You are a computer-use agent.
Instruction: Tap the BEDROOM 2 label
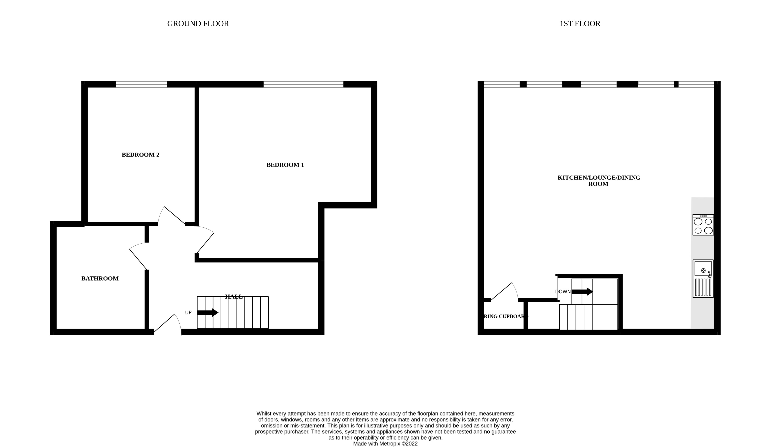[140, 155]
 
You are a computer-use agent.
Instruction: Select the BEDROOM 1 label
[285, 165]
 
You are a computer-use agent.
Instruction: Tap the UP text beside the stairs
[188, 313]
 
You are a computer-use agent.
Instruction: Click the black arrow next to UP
[208, 313]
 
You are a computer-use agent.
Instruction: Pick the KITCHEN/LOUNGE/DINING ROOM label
[599, 181]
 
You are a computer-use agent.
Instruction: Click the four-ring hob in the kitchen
[703, 225]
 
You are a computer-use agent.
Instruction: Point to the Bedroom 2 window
[141, 84]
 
